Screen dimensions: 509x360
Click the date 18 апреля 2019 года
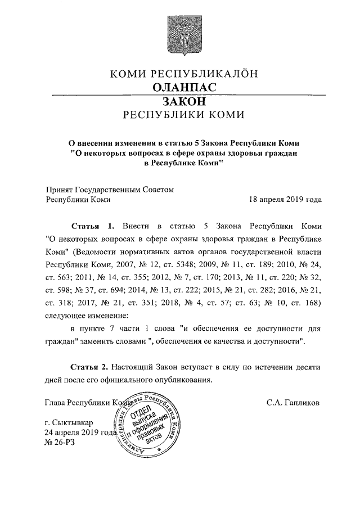point(285,199)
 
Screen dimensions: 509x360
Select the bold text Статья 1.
point(92,226)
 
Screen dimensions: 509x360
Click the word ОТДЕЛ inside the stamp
point(141,416)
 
